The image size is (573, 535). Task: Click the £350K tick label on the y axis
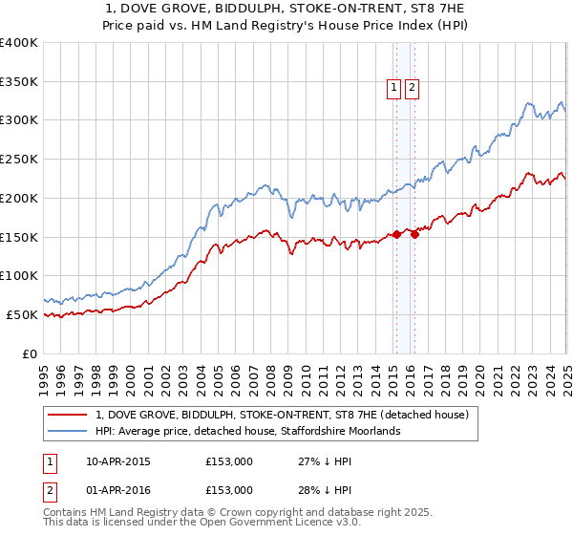(x=19, y=82)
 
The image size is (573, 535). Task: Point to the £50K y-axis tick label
(x=22, y=314)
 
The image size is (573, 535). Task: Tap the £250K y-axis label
(x=19, y=160)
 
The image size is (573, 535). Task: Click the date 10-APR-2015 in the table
(x=118, y=462)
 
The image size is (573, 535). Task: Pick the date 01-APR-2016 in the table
(x=118, y=489)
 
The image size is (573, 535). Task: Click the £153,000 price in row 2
(x=228, y=489)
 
